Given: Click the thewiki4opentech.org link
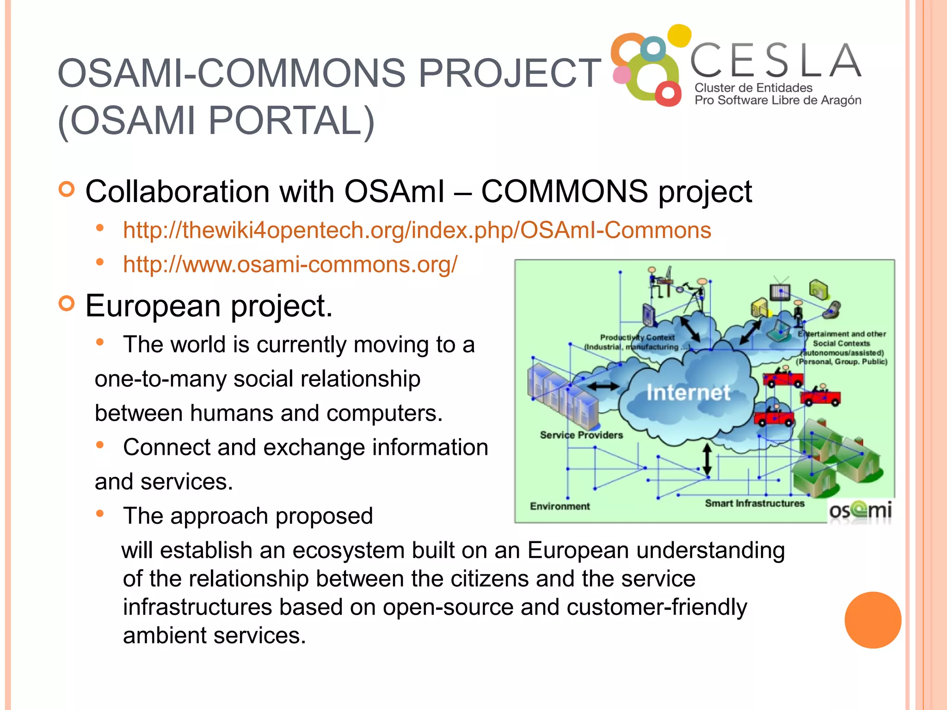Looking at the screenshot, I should (x=417, y=230).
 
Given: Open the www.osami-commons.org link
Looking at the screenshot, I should (x=290, y=264).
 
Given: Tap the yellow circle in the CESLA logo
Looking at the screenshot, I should (x=679, y=35).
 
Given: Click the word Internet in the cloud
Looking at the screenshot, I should (x=688, y=393).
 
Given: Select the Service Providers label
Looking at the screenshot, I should (x=581, y=435).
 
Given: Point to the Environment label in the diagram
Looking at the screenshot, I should (x=560, y=506).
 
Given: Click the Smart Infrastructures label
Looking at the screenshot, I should (x=754, y=503).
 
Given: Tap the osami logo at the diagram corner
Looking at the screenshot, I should (x=860, y=511).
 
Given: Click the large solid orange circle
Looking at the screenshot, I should (x=873, y=620).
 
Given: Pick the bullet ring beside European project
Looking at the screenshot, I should (x=67, y=304).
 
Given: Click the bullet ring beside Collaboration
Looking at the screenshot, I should (x=67, y=189).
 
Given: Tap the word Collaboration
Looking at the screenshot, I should (x=177, y=192).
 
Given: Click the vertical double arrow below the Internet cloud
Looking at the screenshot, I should (x=707, y=460).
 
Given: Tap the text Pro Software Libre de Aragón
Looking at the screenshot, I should (x=778, y=100).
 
